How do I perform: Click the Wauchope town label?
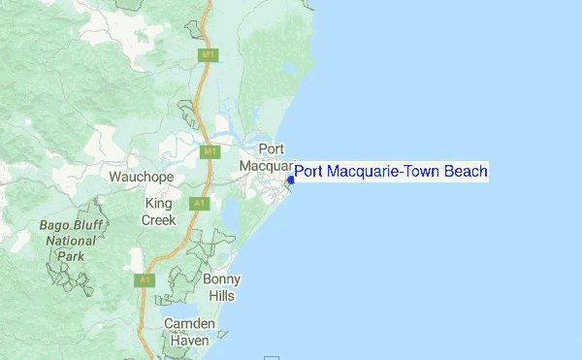point(141,178)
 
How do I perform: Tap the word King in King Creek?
point(157,204)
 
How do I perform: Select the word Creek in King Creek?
point(159,220)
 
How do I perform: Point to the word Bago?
point(57,226)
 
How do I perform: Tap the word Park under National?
point(70,257)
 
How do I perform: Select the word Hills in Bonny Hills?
point(222,295)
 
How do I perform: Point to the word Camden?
point(189,323)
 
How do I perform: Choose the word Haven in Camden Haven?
point(189,341)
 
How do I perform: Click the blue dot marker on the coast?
point(291,180)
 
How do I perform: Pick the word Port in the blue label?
point(308,172)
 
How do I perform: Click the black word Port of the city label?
point(271,148)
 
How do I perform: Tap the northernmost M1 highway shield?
point(207,54)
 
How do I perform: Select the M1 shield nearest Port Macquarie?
point(210,152)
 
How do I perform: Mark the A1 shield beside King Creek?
point(199,204)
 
